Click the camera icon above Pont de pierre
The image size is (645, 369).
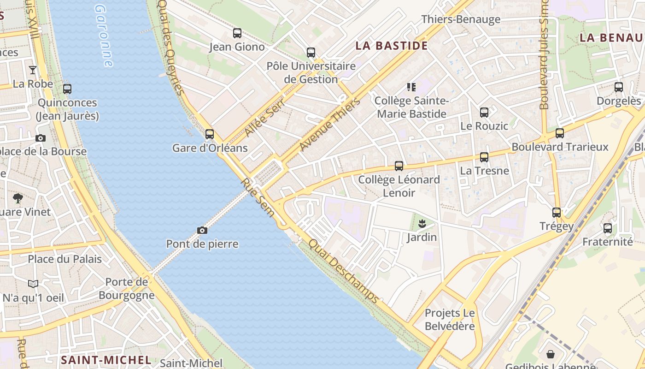click(x=202, y=230)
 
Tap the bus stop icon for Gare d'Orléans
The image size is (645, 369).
click(x=210, y=134)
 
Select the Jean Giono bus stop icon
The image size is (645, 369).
click(x=237, y=33)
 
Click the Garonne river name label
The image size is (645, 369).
click(x=104, y=36)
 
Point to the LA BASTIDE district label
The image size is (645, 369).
click(x=392, y=46)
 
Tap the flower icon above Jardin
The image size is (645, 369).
click(x=422, y=224)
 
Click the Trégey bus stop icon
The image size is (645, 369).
click(x=557, y=213)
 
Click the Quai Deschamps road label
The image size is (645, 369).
click(x=344, y=271)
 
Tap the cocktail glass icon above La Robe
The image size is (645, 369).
click(x=33, y=70)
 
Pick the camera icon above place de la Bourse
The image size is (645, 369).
click(x=41, y=138)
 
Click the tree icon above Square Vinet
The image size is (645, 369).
click(x=18, y=198)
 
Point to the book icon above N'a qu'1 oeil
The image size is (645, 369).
click(x=33, y=284)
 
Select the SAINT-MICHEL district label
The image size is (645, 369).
click(x=106, y=360)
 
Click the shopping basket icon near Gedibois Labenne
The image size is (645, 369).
click(x=551, y=354)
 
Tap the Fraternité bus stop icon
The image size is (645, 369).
click(x=608, y=228)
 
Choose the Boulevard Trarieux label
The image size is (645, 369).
click(x=560, y=147)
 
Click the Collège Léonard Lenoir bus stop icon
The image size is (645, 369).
click(x=399, y=166)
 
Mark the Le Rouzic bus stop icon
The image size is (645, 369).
click(x=484, y=112)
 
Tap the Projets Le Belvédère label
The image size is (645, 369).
click(x=450, y=319)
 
